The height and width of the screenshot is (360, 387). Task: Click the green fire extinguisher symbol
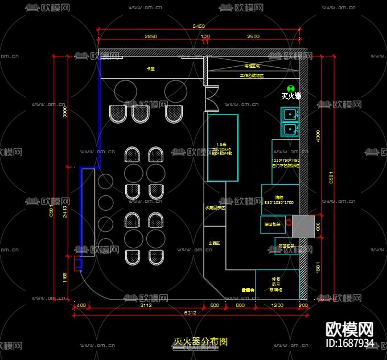click(291, 88)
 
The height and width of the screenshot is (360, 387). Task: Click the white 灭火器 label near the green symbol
click(291, 96)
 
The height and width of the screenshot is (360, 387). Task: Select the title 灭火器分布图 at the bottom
click(200, 342)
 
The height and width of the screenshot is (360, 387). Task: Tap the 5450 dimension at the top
click(199, 26)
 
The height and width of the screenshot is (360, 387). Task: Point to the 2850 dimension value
click(151, 36)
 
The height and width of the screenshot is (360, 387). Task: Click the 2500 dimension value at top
click(253, 36)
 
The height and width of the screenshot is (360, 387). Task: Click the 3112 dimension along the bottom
click(145, 306)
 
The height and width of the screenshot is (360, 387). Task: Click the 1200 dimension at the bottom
click(277, 306)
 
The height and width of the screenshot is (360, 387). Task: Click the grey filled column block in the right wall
click(302, 226)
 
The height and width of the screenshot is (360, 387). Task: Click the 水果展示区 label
click(215, 208)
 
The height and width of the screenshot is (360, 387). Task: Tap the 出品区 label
click(214, 243)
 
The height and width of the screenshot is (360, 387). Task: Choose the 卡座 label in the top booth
click(151, 69)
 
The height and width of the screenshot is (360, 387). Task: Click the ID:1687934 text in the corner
click(349, 343)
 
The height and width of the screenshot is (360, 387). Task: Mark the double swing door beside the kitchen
click(212, 99)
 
